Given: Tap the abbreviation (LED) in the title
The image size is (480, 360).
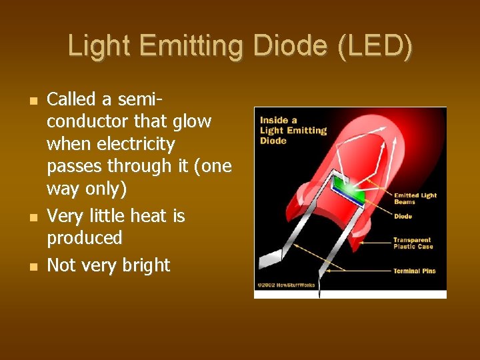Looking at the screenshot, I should coord(375,46).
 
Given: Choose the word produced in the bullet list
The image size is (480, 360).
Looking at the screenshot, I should coord(85,238).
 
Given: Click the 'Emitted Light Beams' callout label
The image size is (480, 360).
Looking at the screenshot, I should coord(415,199).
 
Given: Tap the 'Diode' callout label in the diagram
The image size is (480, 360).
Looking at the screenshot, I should coord(403,217).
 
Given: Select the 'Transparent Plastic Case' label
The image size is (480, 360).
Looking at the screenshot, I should coord(413,243).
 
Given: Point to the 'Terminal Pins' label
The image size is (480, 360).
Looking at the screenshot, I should coord(414,271).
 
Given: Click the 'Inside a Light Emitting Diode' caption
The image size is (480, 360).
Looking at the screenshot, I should coord(293,131).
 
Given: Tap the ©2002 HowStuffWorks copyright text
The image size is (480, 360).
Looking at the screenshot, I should coord(287,285).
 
